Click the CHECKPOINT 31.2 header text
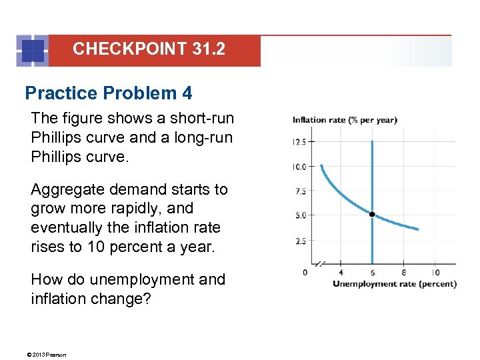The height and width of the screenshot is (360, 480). [149, 49]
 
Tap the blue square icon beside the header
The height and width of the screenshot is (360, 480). [33, 51]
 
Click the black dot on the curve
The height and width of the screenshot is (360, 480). [372, 214]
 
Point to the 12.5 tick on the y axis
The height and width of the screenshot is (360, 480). [300, 141]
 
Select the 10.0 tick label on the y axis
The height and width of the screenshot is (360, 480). [299, 166]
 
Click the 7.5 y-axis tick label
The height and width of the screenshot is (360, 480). [301, 191]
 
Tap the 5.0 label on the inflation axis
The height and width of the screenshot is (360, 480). [301, 216]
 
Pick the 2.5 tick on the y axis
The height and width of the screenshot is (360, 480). [301, 241]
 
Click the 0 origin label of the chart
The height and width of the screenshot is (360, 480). [305, 272]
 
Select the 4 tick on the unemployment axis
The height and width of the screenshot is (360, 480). [341, 272]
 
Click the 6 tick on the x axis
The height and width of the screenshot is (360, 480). [372, 272]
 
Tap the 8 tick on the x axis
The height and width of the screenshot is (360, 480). [404, 272]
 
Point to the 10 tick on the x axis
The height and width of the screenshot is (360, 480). [435, 272]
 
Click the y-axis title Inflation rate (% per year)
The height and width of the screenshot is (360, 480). [345, 120]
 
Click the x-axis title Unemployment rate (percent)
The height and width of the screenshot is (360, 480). [395, 283]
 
